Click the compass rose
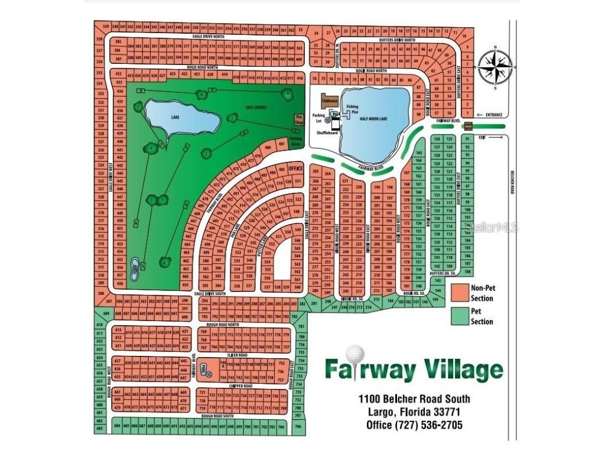click(495, 66)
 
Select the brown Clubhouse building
click(329, 100)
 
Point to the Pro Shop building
click(299, 119)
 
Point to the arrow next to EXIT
click(495, 137)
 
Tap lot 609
click(107, 313)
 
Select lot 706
click(298, 426)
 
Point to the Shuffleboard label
click(325, 132)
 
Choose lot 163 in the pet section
click(418, 152)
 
